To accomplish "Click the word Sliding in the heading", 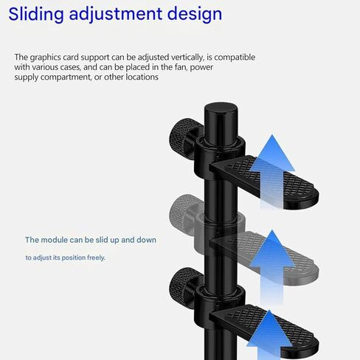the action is point(36,14).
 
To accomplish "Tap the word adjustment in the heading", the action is point(116,14).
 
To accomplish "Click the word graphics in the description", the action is point(45,58).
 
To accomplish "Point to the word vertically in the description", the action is point(187,58).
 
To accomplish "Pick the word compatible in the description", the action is point(235,58).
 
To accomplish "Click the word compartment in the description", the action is point(66,77).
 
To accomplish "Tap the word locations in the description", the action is point(142,77).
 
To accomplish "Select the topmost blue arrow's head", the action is point(272,153).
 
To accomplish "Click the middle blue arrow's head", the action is point(272,249).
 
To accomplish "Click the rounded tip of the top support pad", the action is point(316,198).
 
